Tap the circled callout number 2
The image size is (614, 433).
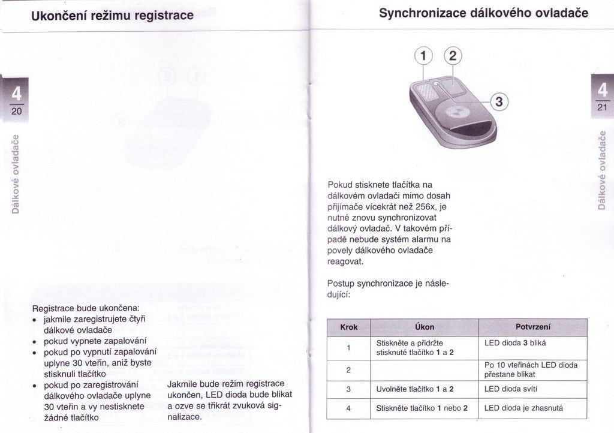point(452,56)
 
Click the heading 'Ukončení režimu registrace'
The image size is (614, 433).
point(113,15)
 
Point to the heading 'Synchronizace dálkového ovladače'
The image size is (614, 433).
point(484,13)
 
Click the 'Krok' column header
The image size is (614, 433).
point(348,327)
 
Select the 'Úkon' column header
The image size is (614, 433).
point(425,327)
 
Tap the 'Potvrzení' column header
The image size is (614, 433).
point(532,327)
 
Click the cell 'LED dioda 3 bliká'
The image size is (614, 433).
point(515,343)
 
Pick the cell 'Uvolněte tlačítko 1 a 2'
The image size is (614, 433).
point(414,389)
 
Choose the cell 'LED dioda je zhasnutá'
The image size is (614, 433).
point(523,408)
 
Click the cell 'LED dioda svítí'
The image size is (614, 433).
point(511,389)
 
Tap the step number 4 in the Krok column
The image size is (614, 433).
point(348,408)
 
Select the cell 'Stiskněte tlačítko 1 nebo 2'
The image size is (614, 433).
point(422,408)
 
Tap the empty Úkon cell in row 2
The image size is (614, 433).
point(425,369)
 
